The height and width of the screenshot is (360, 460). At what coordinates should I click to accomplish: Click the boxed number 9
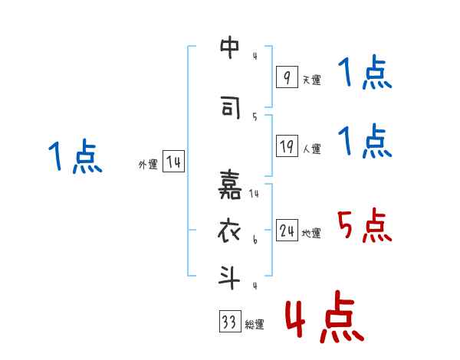click(286, 77)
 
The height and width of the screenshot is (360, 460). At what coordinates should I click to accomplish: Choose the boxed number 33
click(228, 322)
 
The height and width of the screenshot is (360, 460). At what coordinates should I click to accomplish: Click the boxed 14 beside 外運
click(173, 162)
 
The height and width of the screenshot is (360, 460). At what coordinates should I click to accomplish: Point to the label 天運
click(311, 80)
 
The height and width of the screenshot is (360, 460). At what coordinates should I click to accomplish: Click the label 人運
click(311, 149)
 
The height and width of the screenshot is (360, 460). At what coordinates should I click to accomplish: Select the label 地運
click(311, 233)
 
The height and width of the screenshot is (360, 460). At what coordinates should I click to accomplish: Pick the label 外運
click(147, 164)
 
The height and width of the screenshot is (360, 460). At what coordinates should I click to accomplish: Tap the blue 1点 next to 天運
click(364, 75)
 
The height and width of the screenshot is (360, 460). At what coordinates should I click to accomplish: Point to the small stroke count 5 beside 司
click(255, 116)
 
